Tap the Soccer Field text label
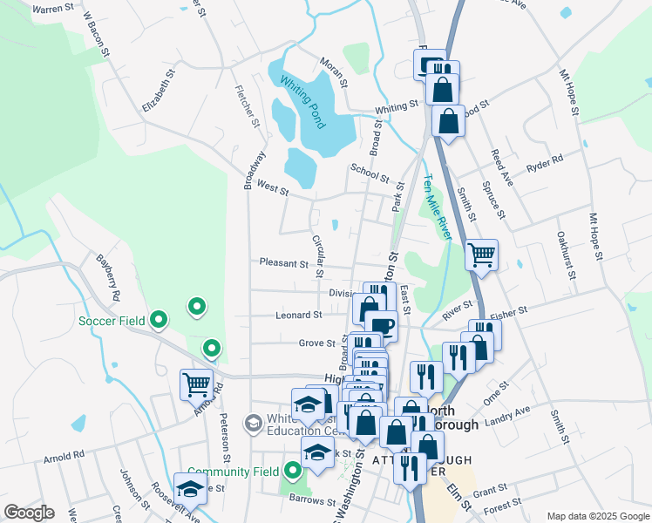coord(109,321)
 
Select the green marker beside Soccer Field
coord(158,321)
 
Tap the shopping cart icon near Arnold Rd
coord(196,384)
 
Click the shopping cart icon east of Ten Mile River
coord(481,255)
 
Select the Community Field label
coord(233,472)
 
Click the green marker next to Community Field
coord(292,472)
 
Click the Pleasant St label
coord(283,262)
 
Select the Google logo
coord(29,513)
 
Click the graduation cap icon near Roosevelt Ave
coord(190,489)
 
